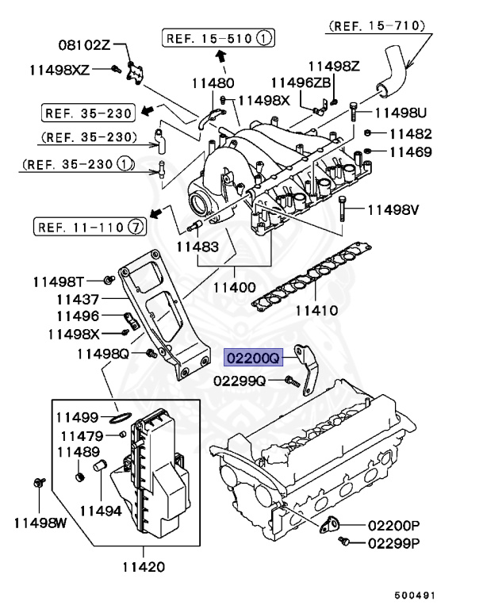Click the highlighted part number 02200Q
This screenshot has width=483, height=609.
pyautogui.click(x=253, y=358)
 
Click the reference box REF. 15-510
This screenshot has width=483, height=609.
pyautogui.click(x=220, y=37)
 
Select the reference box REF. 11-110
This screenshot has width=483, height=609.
pyautogui.click(x=90, y=227)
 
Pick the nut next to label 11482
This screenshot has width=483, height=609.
pyautogui.click(x=369, y=133)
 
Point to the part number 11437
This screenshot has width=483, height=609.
pyautogui.click(x=78, y=299)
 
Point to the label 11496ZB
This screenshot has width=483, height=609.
pyautogui.click(x=296, y=82)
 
